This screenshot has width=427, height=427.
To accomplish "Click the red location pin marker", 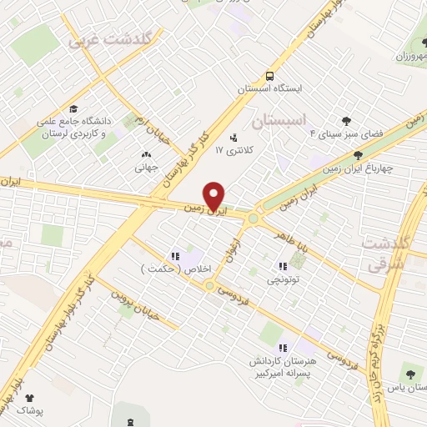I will point(215,195).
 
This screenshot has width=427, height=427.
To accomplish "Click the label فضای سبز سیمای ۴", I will point(345,133).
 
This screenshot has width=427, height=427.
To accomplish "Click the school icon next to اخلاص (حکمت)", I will point(176,256).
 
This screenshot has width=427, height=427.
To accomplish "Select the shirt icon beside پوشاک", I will point(31,399).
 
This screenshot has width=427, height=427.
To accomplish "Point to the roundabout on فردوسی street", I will point(208,285).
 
